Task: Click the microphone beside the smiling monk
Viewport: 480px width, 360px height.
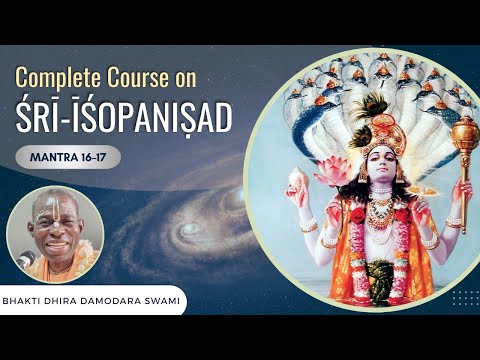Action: (27, 259)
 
